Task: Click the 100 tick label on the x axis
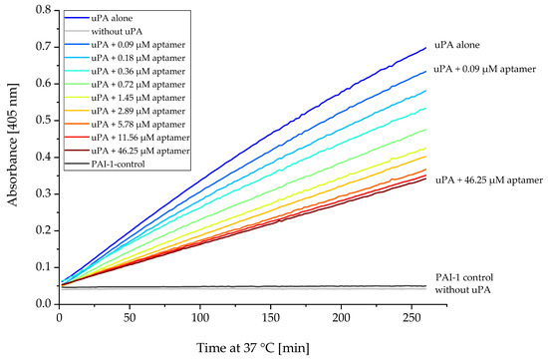[201, 316]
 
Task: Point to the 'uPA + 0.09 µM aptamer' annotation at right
[486, 70]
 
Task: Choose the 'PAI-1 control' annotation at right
[464, 276]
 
